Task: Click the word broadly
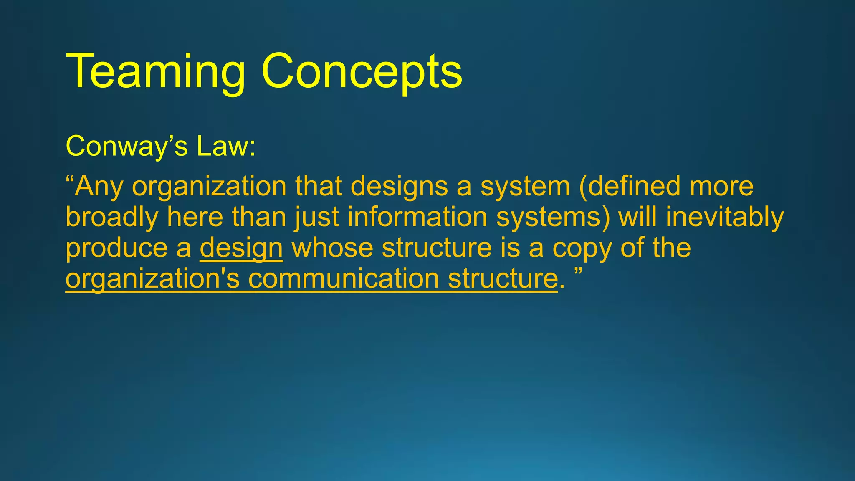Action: [112, 218]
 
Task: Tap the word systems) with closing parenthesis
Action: [553, 218]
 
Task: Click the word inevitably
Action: [725, 218]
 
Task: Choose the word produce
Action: [116, 248]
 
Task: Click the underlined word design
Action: [241, 248]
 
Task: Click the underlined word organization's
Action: [152, 279]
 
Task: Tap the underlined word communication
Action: [343, 279]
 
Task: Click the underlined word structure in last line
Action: [503, 279]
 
